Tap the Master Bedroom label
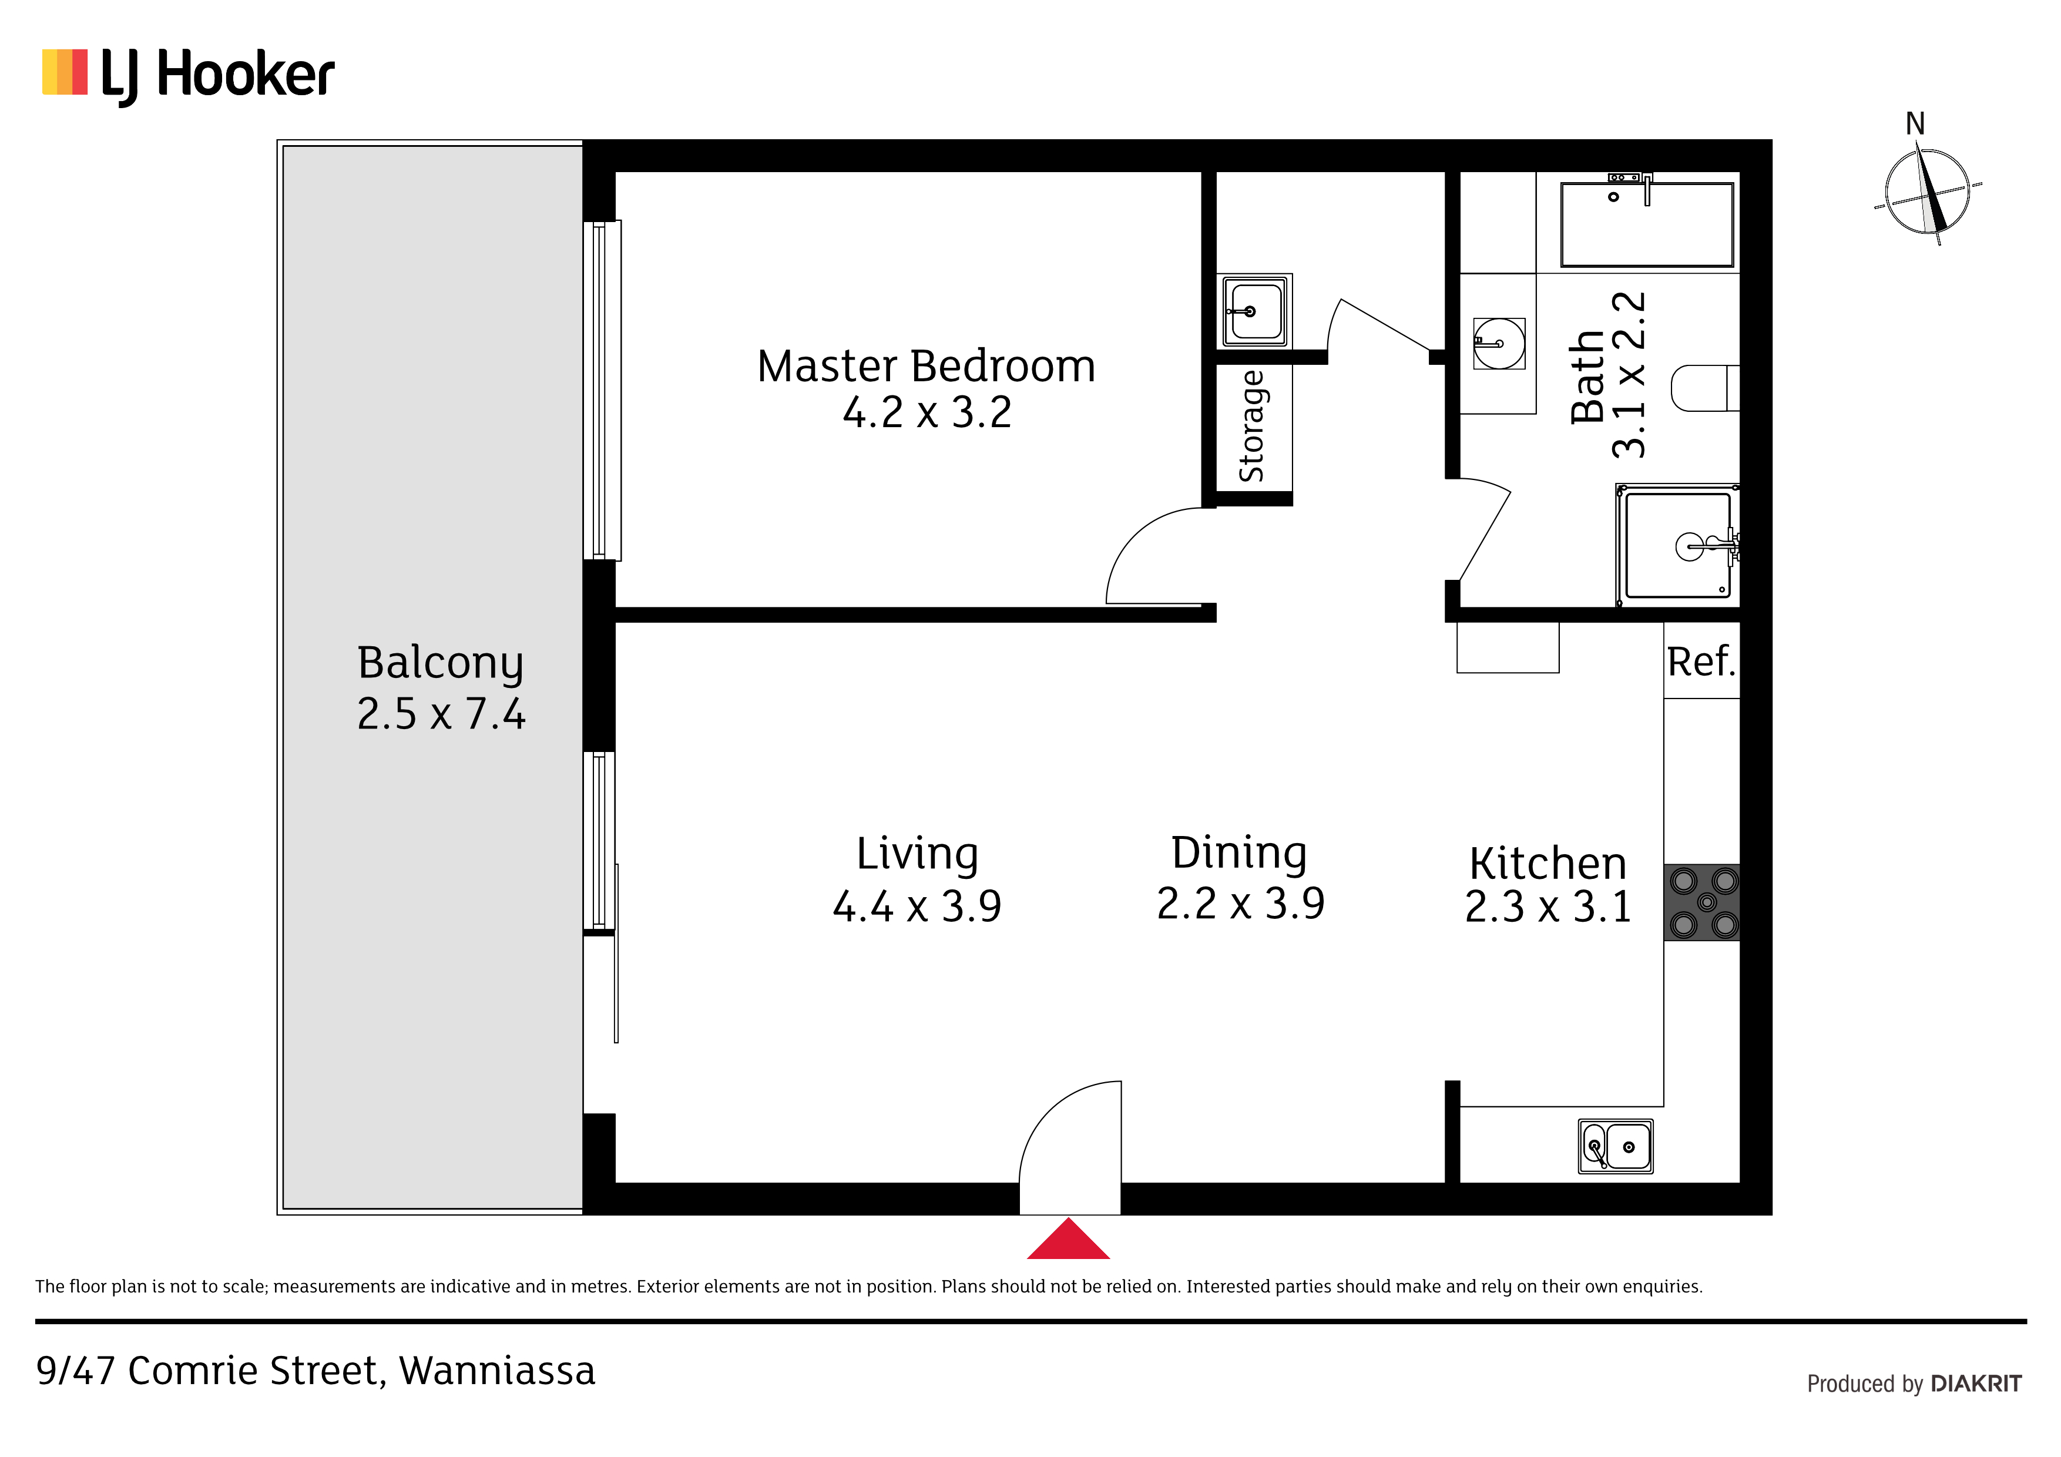pos(927,366)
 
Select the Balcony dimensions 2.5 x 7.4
pos(441,714)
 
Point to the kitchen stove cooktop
pos(1702,902)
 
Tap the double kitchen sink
pos(1616,1146)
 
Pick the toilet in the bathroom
pos(1704,388)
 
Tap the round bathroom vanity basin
pos(1499,343)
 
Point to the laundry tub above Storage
pos(1255,311)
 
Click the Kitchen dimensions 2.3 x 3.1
pos(1548,907)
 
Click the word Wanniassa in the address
pos(497,1371)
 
